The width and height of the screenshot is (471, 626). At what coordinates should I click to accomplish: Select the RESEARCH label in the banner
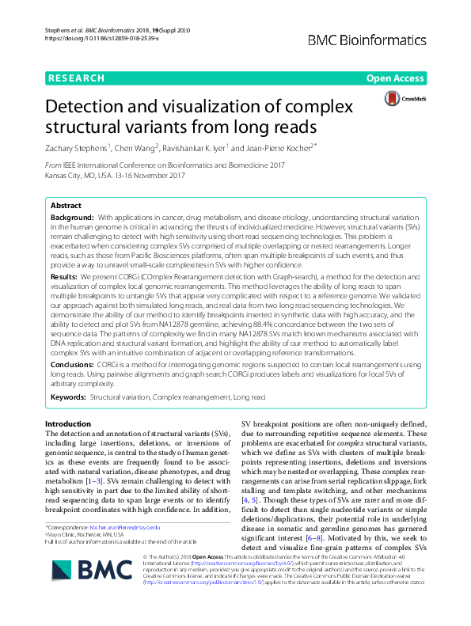pyautogui.click(x=76, y=78)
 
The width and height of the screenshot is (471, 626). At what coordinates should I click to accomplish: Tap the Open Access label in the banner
pyautogui.click(x=394, y=78)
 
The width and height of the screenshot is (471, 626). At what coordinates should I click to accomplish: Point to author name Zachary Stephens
pyautogui.click(x=78, y=146)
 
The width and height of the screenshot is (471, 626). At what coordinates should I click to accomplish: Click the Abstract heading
pyautogui.click(x=66, y=205)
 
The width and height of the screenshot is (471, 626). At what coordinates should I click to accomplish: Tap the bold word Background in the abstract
pyautogui.click(x=71, y=216)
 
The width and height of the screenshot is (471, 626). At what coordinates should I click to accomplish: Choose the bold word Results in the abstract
pyautogui.click(x=64, y=278)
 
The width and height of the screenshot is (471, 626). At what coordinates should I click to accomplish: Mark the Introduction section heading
pyautogui.click(x=68, y=424)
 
